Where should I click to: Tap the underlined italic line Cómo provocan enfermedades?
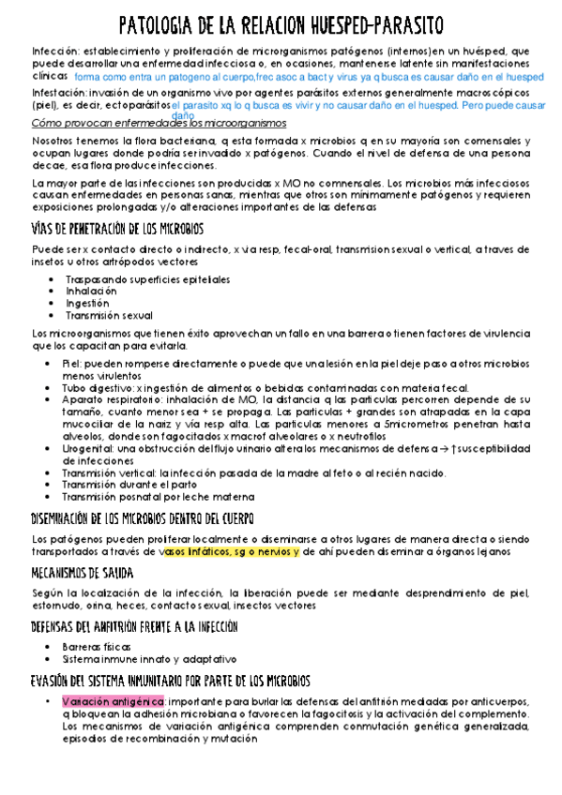tap(159, 123)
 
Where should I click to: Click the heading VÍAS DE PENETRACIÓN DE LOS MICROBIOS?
tap(118, 229)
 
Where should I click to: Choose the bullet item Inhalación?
tap(92, 292)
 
